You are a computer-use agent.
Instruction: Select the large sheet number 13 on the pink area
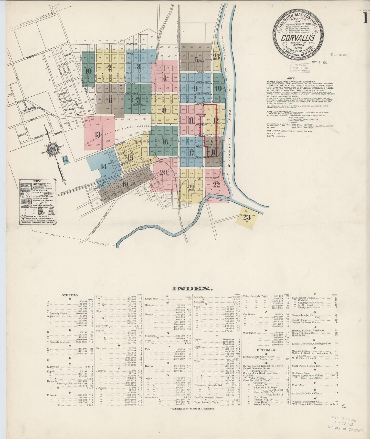[x=98, y=134]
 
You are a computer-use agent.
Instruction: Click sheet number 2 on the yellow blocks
[x=110, y=68]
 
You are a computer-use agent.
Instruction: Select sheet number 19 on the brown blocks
[x=125, y=184]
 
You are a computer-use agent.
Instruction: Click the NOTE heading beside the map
[x=291, y=78]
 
